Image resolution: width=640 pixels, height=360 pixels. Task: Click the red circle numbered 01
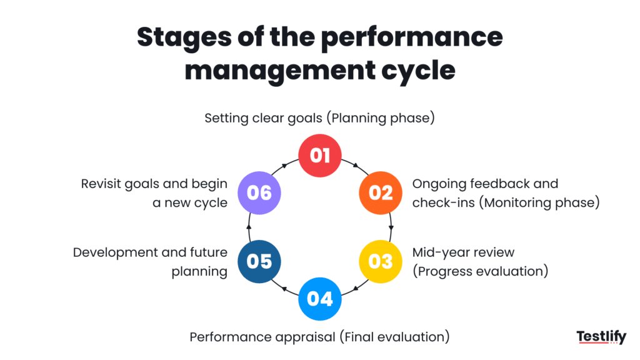click(x=319, y=154)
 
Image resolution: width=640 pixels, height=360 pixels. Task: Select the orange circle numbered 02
click(x=380, y=192)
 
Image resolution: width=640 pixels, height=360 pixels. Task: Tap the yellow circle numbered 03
click(x=380, y=261)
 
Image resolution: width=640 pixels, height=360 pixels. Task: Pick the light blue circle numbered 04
click(x=319, y=298)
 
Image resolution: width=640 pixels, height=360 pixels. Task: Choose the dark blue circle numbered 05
click(x=259, y=261)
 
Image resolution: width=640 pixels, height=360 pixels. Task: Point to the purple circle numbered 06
click(x=259, y=192)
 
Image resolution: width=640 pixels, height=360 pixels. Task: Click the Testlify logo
click(x=601, y=337)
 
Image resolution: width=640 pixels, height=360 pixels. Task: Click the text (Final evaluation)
click(x=394, y=337)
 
